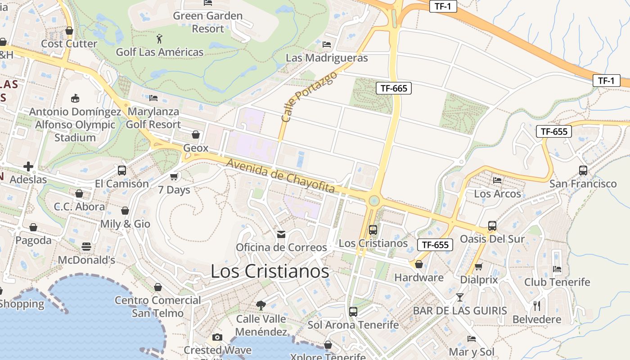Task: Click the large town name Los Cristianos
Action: pyautogui.click(x=270, y=271)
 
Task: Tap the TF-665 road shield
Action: pyautogui.click(x=394, y=88)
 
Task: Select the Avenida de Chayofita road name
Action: pyautogui.click(x=280, y=176)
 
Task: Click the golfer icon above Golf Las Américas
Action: pyautogui.click(x=159, y=39)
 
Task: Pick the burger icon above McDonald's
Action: pyautogui.click(x=86, y=247)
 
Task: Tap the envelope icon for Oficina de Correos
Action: pyautogui.click(x=281, y=234)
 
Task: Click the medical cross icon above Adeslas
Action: pyautogui.click(x=28, y=166)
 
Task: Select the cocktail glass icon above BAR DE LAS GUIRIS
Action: pyautogui.click(x=459, y=297)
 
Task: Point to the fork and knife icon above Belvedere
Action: pyautogui.click(x=536, y=306)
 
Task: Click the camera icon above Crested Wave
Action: pyautogui.click(x=217, y=337)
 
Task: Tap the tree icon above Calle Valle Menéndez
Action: pyautogui.click(x=261, y=306)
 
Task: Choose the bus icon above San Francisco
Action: pyautogui.click(x=583, y=171)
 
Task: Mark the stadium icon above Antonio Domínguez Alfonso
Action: pyautogui.click(x=75, y=98)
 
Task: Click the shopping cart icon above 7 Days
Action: pyautogui.click(x=174, y=177)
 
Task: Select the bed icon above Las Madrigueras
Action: pyautogui.click(x=327, y=45)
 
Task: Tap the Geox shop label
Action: pyautogui.click(x=196, y=148)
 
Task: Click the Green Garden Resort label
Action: pyautogui.click(x=208, y=22)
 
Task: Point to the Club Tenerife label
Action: pyautogui.click(x=557, y=282)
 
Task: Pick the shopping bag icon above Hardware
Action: pyautogui.click(x=419, y=264)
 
